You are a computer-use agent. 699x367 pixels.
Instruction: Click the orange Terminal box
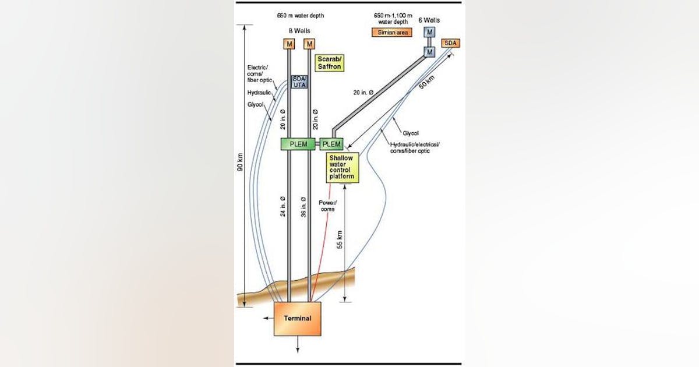[297, 318]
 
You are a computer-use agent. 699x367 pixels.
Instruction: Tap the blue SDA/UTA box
[299, 82]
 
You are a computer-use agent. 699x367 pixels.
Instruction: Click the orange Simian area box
[390, 33]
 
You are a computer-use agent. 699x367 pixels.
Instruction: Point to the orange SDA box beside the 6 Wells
[450, 43]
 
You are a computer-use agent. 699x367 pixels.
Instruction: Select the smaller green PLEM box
[331, 143]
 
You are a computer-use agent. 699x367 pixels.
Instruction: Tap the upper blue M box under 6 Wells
[429, 32]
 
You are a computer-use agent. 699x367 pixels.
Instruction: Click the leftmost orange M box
[289, 44]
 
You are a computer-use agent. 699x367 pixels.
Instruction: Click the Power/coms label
[327, 206]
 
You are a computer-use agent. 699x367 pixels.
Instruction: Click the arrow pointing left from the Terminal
[267, 319]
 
